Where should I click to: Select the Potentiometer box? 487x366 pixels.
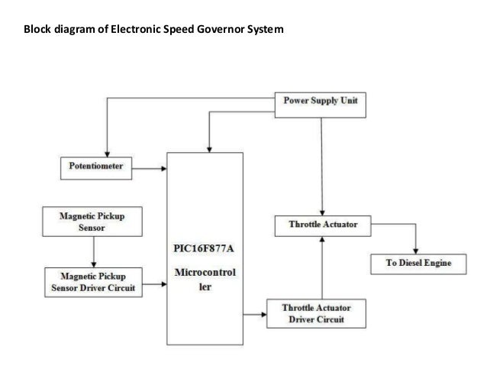96,165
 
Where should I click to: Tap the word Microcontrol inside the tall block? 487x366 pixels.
206,272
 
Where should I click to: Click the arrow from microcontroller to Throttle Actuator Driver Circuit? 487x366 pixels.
256,313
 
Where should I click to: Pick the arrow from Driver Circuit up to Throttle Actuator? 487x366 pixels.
324,267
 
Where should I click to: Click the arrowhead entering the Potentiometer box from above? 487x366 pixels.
107,152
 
